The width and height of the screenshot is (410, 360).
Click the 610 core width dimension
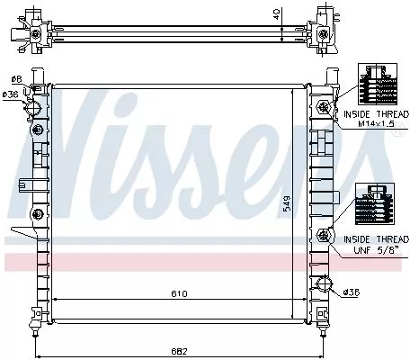180,293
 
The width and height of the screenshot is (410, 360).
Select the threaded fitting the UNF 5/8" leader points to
323,237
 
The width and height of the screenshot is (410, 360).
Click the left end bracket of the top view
37,32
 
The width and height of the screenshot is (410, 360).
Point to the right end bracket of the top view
325,32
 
